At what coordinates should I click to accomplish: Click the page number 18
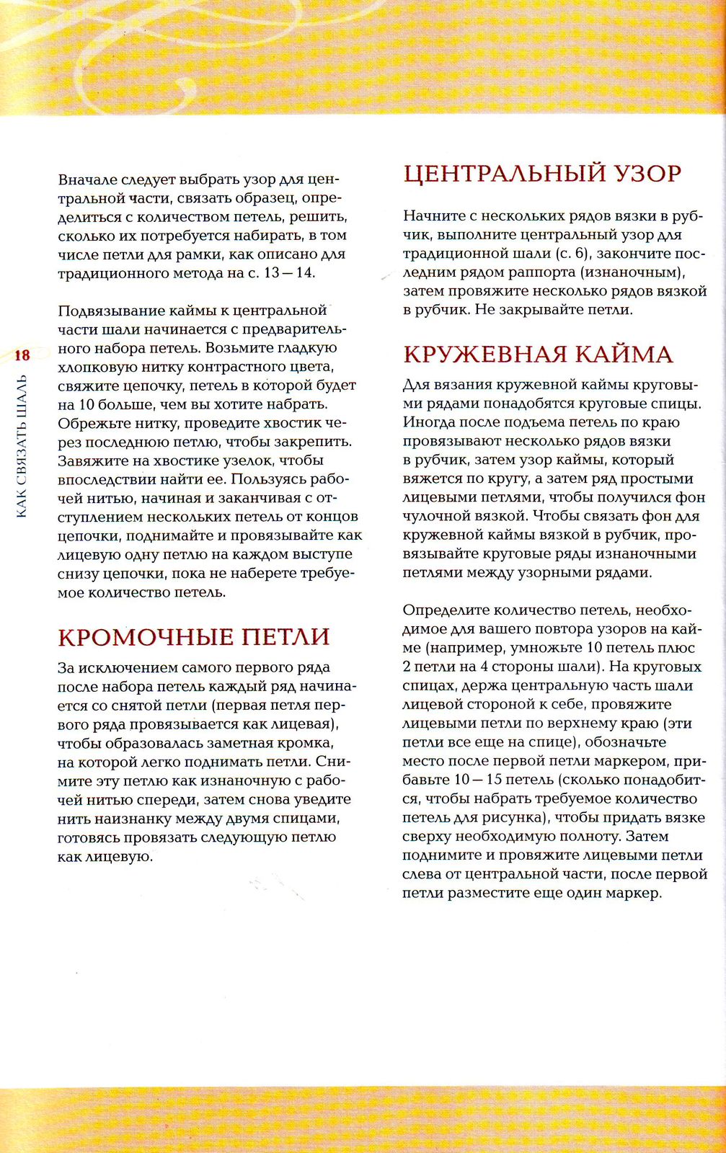[22, 355]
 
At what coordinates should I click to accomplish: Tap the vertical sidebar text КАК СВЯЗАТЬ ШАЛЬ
[22, 446]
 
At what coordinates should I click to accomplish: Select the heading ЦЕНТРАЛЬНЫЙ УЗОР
[542, 174]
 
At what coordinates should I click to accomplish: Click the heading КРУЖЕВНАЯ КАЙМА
[538, 355]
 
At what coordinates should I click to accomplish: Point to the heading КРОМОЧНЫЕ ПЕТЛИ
[194, 637]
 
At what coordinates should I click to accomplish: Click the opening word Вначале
[87, 179]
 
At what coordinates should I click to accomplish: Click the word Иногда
[430, 422]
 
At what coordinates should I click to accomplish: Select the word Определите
[443, 610]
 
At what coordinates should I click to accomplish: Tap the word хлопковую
[94, 367]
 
